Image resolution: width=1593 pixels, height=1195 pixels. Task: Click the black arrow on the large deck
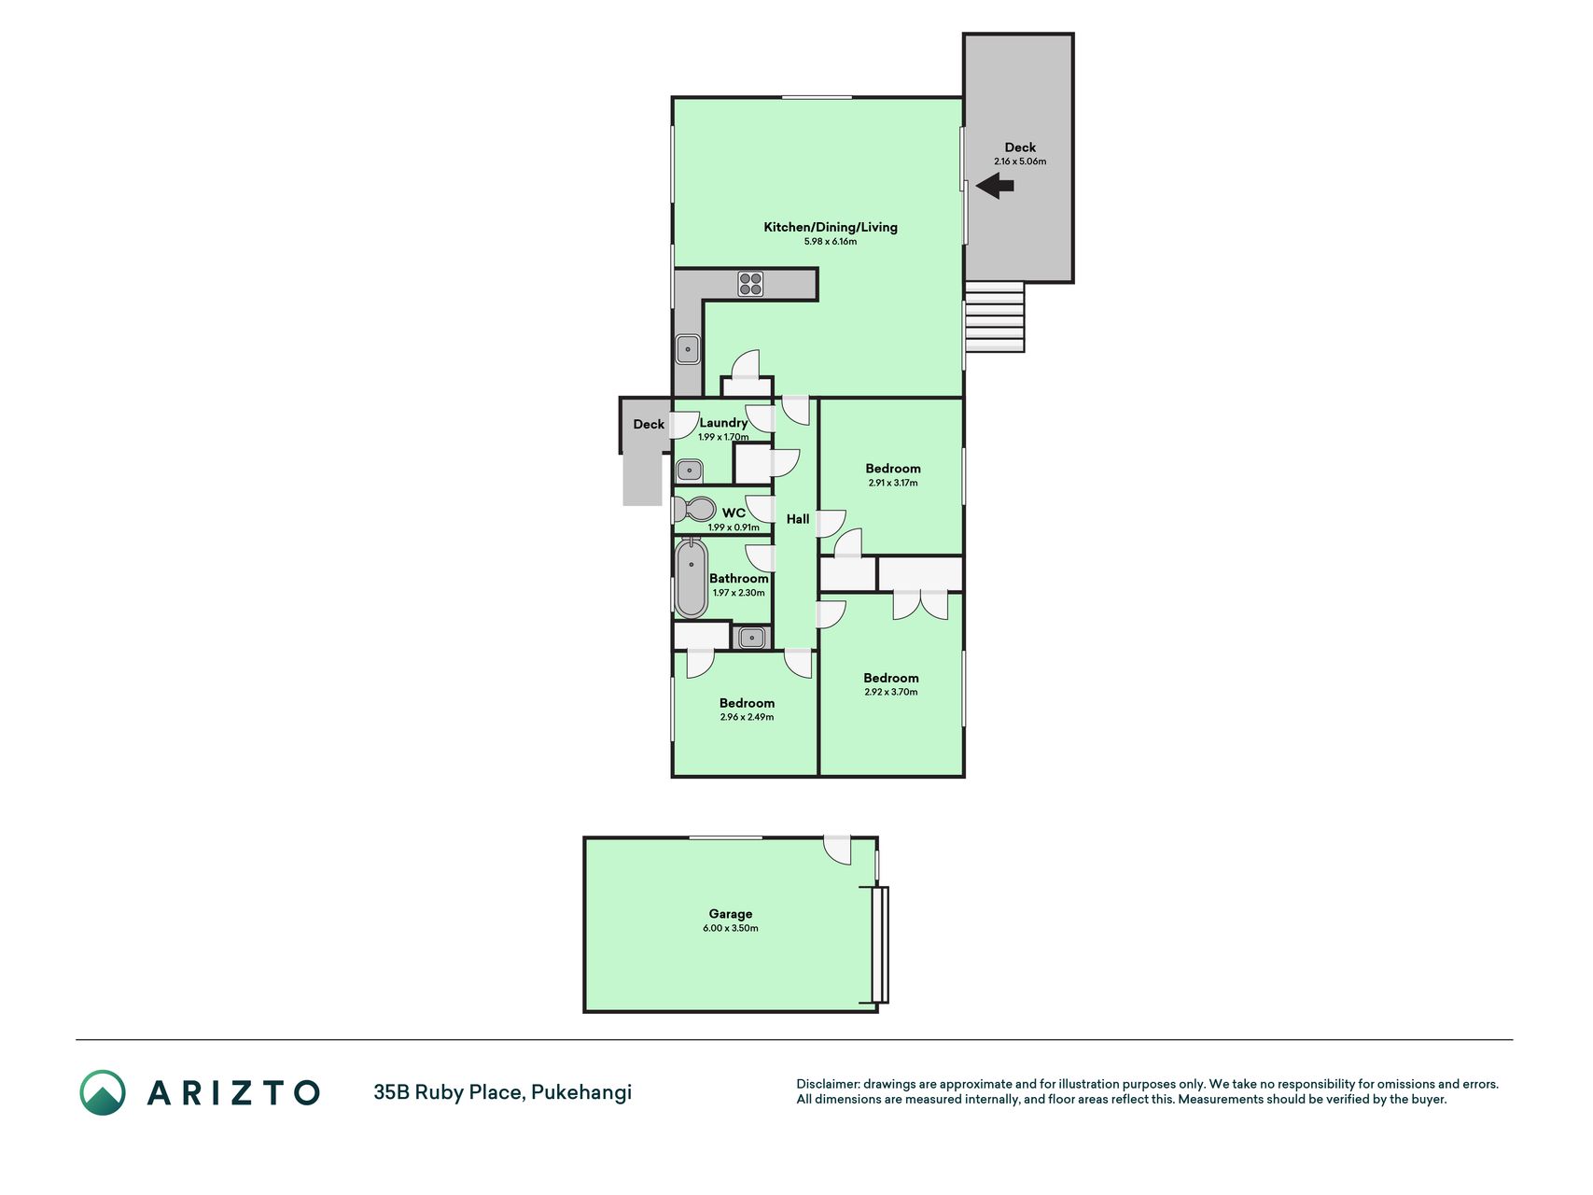point(995,186)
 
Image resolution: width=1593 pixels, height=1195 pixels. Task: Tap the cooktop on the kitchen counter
point(750,284)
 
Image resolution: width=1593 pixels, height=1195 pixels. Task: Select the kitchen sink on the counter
point(688,349)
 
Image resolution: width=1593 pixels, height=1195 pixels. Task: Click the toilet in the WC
point(693,511)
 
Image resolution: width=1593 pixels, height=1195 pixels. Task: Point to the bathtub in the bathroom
point(692,579)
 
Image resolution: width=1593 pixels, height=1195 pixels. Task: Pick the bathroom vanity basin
point(751,638)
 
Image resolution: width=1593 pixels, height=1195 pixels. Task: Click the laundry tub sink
point(690,469)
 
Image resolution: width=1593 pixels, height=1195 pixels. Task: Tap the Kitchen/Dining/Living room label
point(831,227)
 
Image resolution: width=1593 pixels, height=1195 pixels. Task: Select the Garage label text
point(731,914)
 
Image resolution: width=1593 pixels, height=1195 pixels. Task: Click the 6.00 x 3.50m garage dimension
point(731,928)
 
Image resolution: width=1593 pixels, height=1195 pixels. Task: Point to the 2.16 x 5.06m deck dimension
point(1020,162)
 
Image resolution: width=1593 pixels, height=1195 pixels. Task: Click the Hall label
point(798,519)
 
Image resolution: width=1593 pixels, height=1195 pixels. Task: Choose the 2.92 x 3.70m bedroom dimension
point(891,692)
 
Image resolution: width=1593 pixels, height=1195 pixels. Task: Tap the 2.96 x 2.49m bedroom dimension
point(747,717)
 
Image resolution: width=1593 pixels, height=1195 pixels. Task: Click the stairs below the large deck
point(995,317)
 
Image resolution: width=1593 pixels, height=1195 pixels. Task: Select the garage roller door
point(879,945)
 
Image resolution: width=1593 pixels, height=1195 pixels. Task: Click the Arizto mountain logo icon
point(103,1092)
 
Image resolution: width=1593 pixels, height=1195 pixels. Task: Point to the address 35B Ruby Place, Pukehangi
point(503,1092)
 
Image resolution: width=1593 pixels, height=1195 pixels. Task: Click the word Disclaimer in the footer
point(828,1084)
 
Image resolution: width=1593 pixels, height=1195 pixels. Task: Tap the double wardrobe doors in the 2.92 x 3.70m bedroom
point(920,605)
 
